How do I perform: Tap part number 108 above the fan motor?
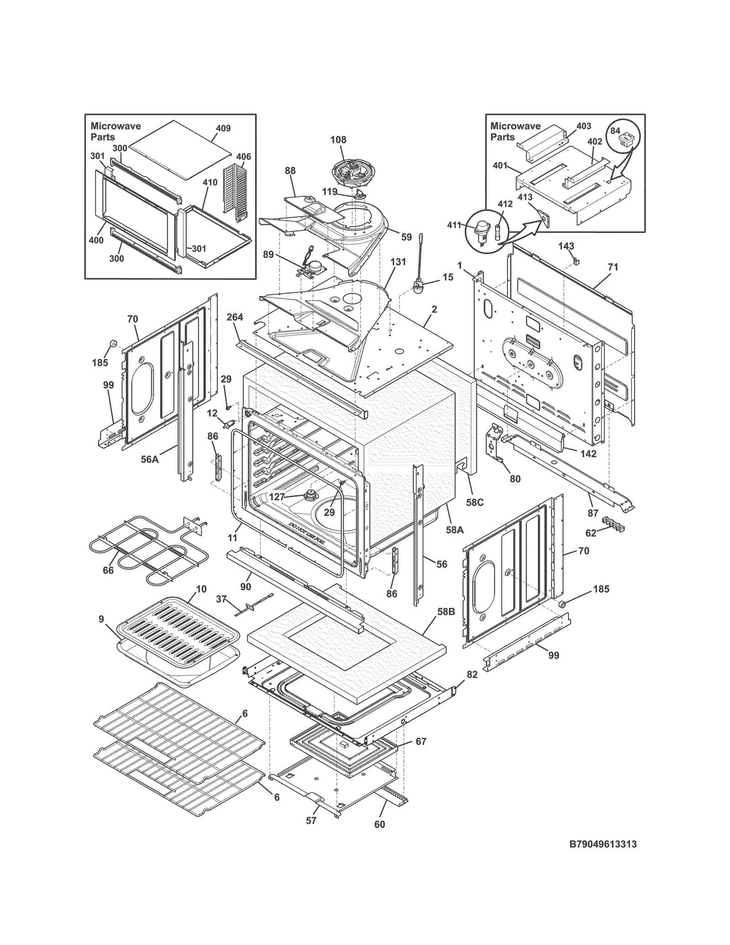point(338,140)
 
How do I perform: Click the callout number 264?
point(235,317)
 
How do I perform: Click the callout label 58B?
point(446,612)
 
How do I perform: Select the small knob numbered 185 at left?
point(112,344)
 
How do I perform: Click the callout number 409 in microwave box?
point(223,128)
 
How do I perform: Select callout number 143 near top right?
point(566,246)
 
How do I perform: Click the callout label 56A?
point(150,459)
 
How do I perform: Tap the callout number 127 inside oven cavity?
point(277,497)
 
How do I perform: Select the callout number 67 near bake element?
point(421,741)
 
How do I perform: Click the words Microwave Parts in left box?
point(115,131)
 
